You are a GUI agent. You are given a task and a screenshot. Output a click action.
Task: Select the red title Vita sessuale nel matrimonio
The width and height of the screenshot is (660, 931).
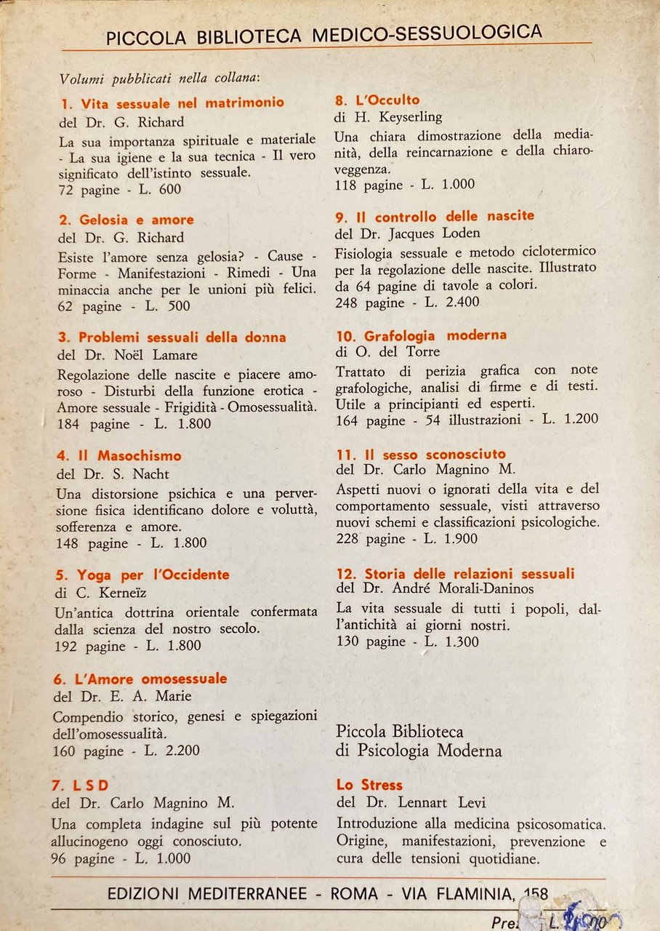pyautogui.click(x=172, y=103)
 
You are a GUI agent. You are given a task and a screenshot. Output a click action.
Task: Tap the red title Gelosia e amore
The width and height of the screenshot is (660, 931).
pyautogui.click(x=126, y=220)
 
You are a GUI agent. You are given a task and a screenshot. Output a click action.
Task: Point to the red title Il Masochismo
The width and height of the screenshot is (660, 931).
pyautogui.click(x=119, y=456)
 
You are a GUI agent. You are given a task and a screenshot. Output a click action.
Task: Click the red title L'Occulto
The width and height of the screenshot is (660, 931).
pyautogui.click(x=377, y=100)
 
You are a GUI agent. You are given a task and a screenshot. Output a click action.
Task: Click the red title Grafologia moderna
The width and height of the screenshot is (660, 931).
pyautogui.click(x=422, y=335)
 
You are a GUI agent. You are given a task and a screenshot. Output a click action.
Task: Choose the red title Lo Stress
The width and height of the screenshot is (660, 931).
pyautogui.click(x=369, y=785)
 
